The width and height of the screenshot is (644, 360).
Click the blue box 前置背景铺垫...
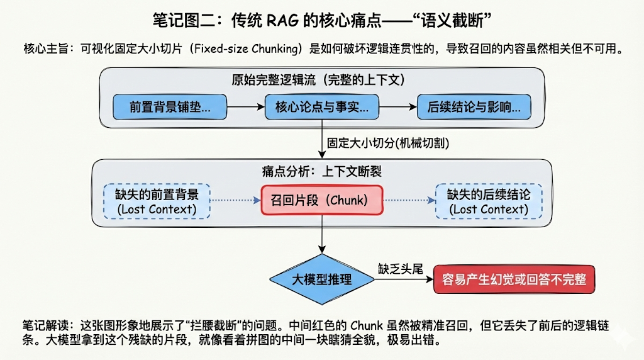point(170,107)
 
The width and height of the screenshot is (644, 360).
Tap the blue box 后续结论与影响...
point(474,107)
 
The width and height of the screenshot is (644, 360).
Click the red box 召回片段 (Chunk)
point(323,201)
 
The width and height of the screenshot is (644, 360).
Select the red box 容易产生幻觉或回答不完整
point(514,279)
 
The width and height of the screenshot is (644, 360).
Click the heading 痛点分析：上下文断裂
point(321,171)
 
